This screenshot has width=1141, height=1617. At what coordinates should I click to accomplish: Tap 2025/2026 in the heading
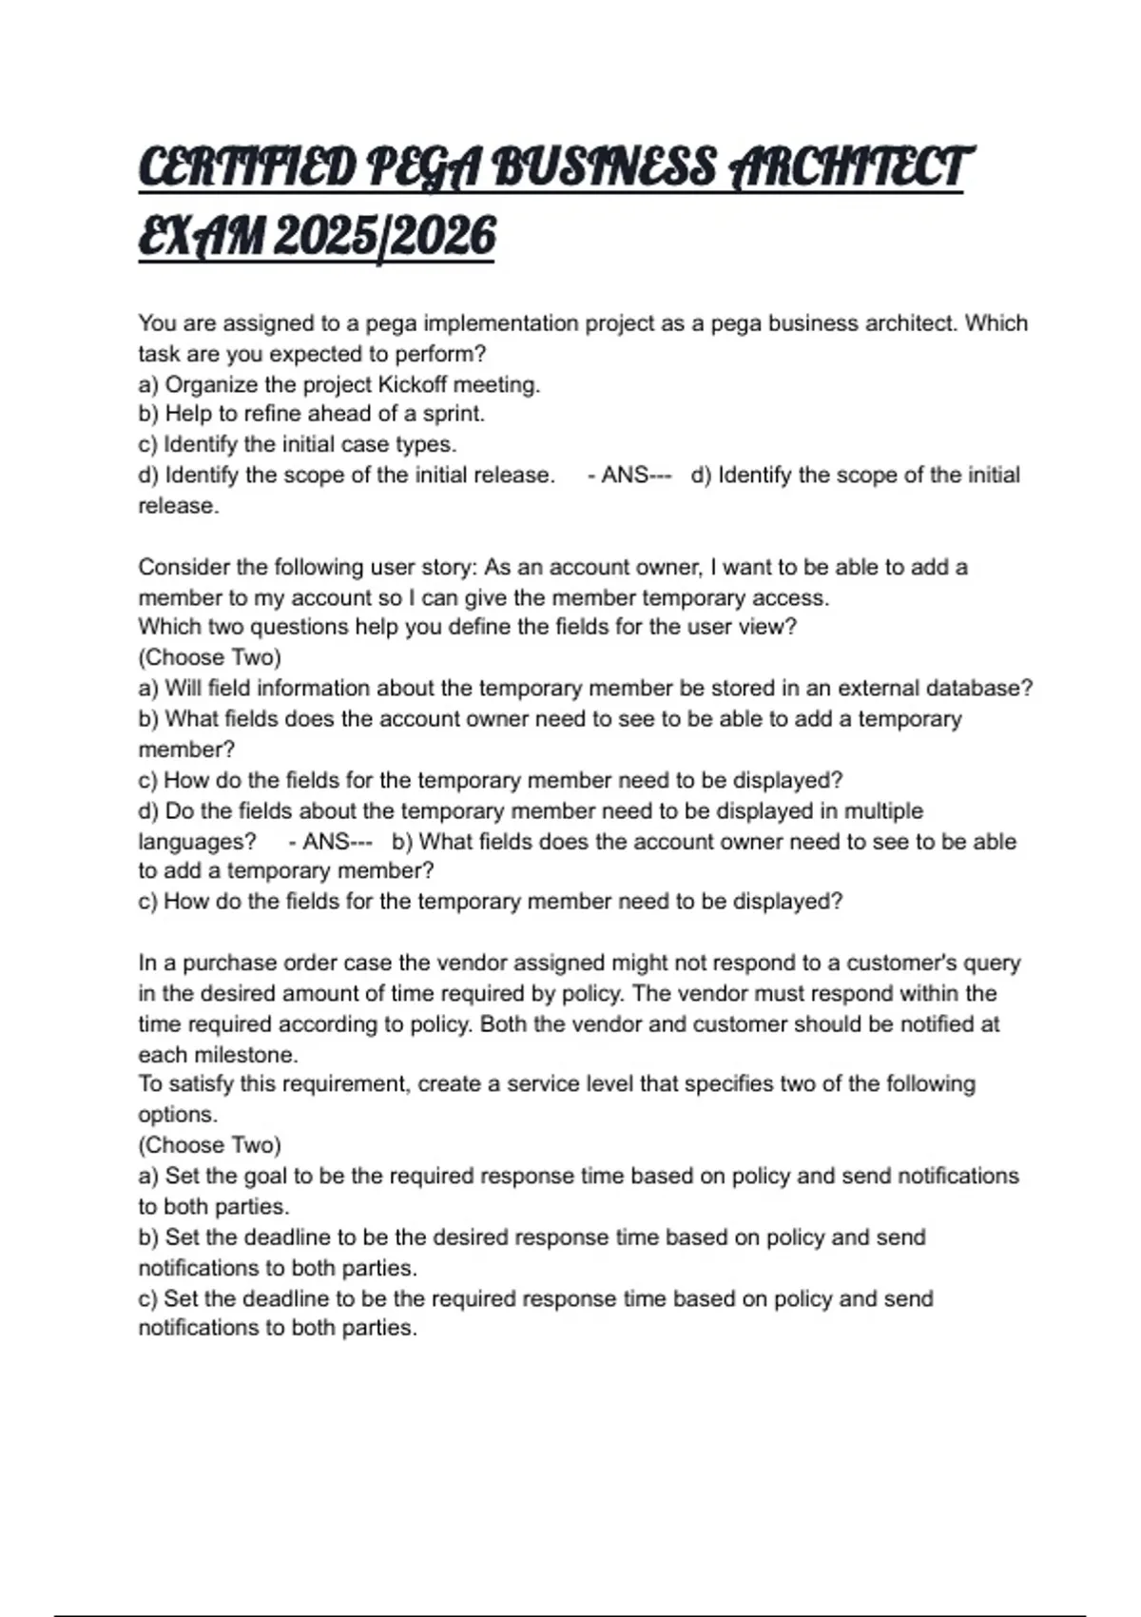tap(384, 235)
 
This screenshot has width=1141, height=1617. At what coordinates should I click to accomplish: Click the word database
tap(979, 688)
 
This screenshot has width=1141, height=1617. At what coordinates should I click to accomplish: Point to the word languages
tap(197, 842)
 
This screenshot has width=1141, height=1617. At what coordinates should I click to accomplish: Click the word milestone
tap(245, 1055)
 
